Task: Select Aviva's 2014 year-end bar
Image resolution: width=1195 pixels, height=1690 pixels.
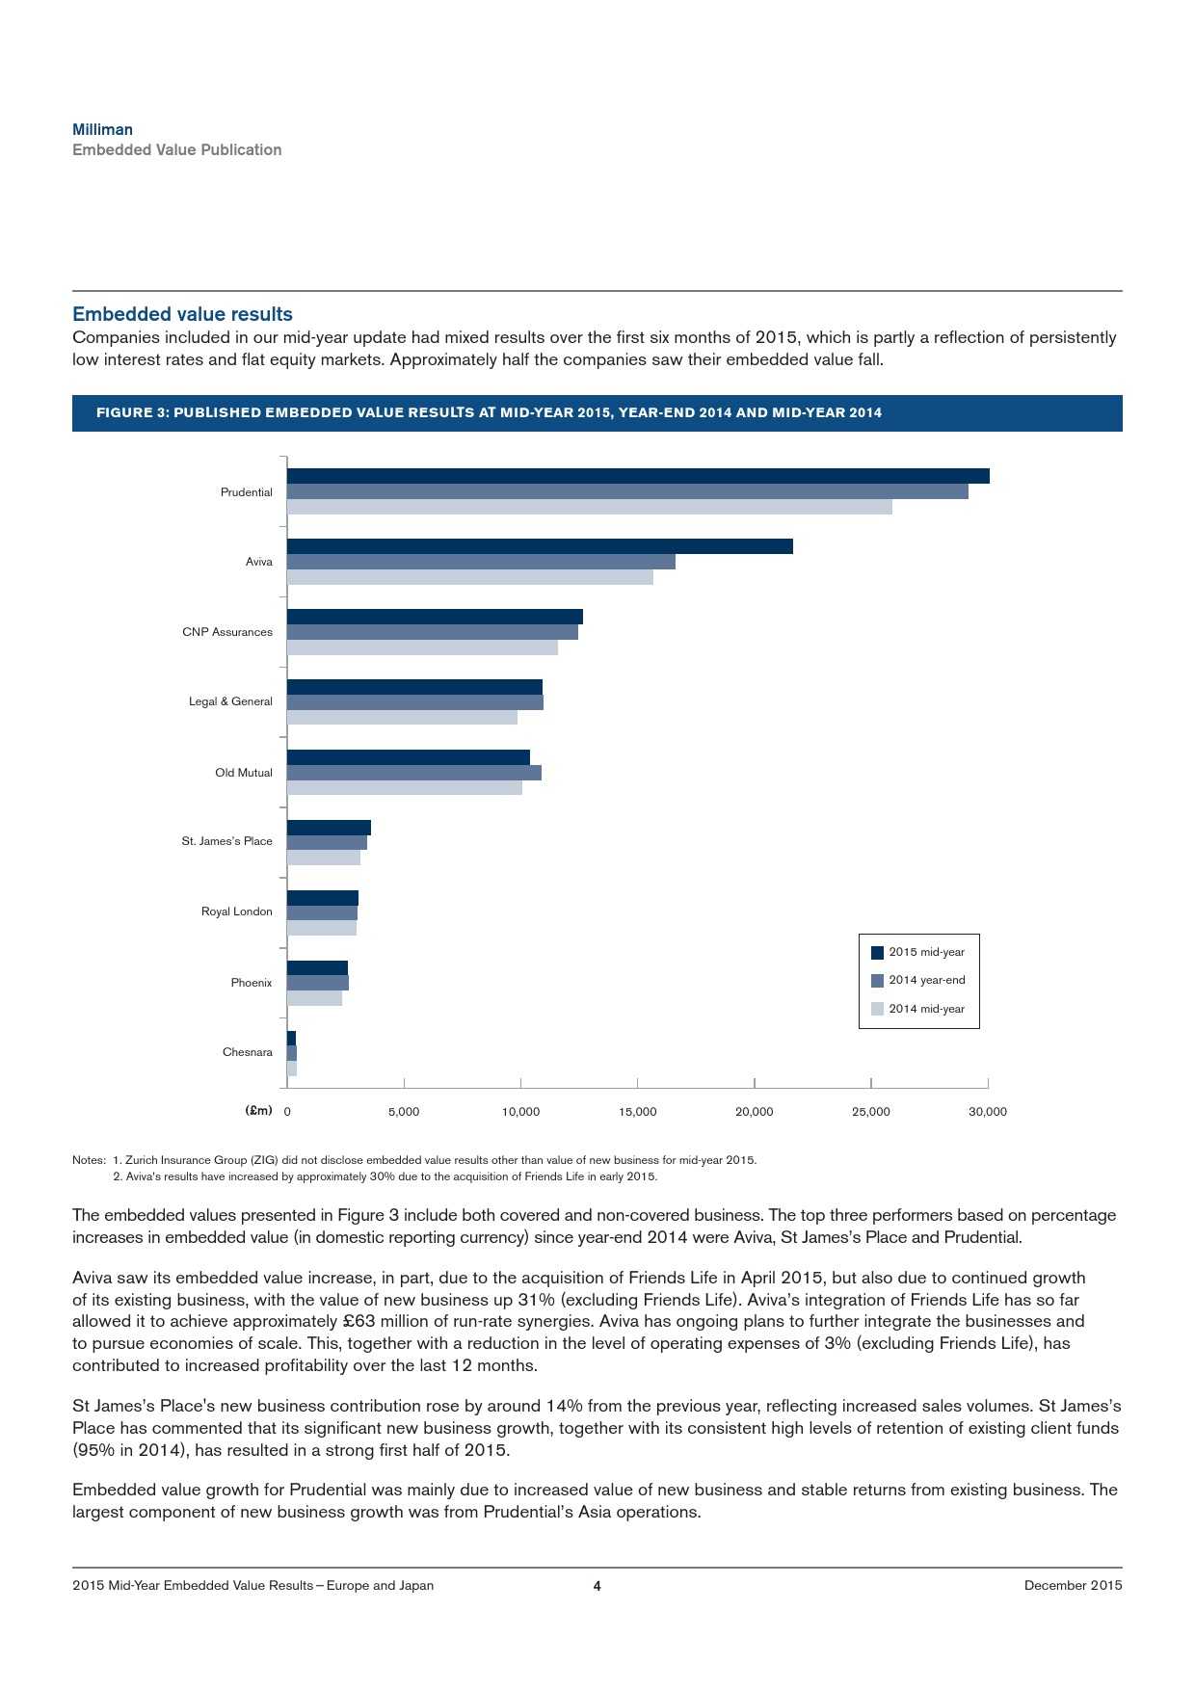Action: tap(481, 562)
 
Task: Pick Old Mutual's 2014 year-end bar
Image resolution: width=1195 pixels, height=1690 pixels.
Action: tap(414, 773)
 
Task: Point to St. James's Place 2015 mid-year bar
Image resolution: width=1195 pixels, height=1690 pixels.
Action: tap(329, 828)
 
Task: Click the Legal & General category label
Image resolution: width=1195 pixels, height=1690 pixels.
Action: tap(230, 701)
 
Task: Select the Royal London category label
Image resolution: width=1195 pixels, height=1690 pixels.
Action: tap(237, 911)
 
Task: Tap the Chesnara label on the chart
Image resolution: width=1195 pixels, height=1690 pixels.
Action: tap(248, 1052)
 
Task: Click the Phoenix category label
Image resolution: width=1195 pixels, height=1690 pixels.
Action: tap(252, 983)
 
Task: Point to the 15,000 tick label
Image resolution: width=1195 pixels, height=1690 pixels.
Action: tap(637, 1112)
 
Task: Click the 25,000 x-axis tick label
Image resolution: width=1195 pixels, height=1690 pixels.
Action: tap(871, 1112)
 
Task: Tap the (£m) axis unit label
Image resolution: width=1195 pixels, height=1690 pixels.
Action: tap(259, 1111)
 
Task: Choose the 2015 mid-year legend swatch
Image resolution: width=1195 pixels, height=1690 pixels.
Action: tap(877, 953)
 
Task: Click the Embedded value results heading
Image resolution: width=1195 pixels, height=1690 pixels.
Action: tap(182, 314)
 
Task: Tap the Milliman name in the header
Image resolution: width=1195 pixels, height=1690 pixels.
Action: tap(103, 129)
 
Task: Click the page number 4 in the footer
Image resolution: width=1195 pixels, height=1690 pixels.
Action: tap(597, 1586)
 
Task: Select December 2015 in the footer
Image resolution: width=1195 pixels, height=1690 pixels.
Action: tap(1073, 1585)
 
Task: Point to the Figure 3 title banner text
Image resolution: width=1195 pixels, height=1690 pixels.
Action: tap(489, 412)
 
